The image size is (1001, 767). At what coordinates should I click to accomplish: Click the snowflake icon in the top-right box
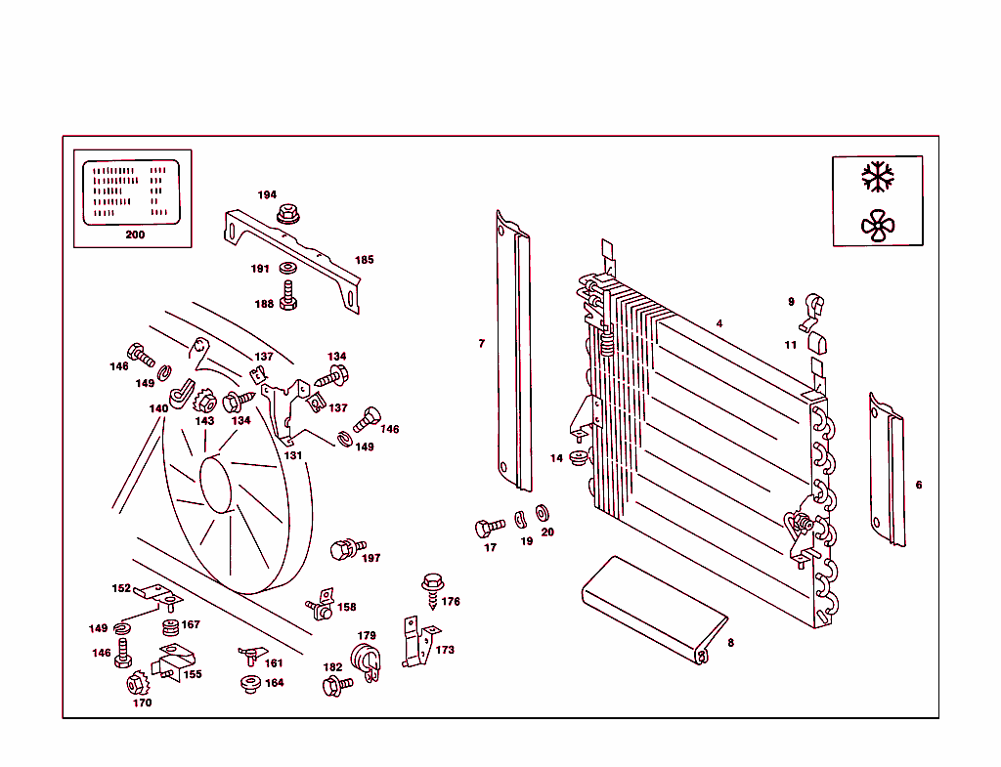(x=877, y=177)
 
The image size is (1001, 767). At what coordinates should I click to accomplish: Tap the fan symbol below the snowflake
(x=877, y=226)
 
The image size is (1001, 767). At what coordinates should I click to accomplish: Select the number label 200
(x=135, y=234)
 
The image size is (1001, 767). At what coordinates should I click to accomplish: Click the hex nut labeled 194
(x=287, y=212)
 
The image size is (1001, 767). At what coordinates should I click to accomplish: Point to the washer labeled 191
(x=288, y=269)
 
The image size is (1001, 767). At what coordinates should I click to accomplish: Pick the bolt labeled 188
(x=288, y=295)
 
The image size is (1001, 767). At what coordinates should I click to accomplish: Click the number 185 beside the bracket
(x=364, y=260)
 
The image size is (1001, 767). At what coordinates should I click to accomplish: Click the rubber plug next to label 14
(x=578, y=457)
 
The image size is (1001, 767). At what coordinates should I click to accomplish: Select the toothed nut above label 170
(x=137, y=681)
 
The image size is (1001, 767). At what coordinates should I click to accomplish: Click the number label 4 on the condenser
(x=718, y=323)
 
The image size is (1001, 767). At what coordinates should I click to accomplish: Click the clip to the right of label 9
(x=811, y=308)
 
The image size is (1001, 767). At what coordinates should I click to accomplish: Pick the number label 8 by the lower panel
(x=730, y=642)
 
